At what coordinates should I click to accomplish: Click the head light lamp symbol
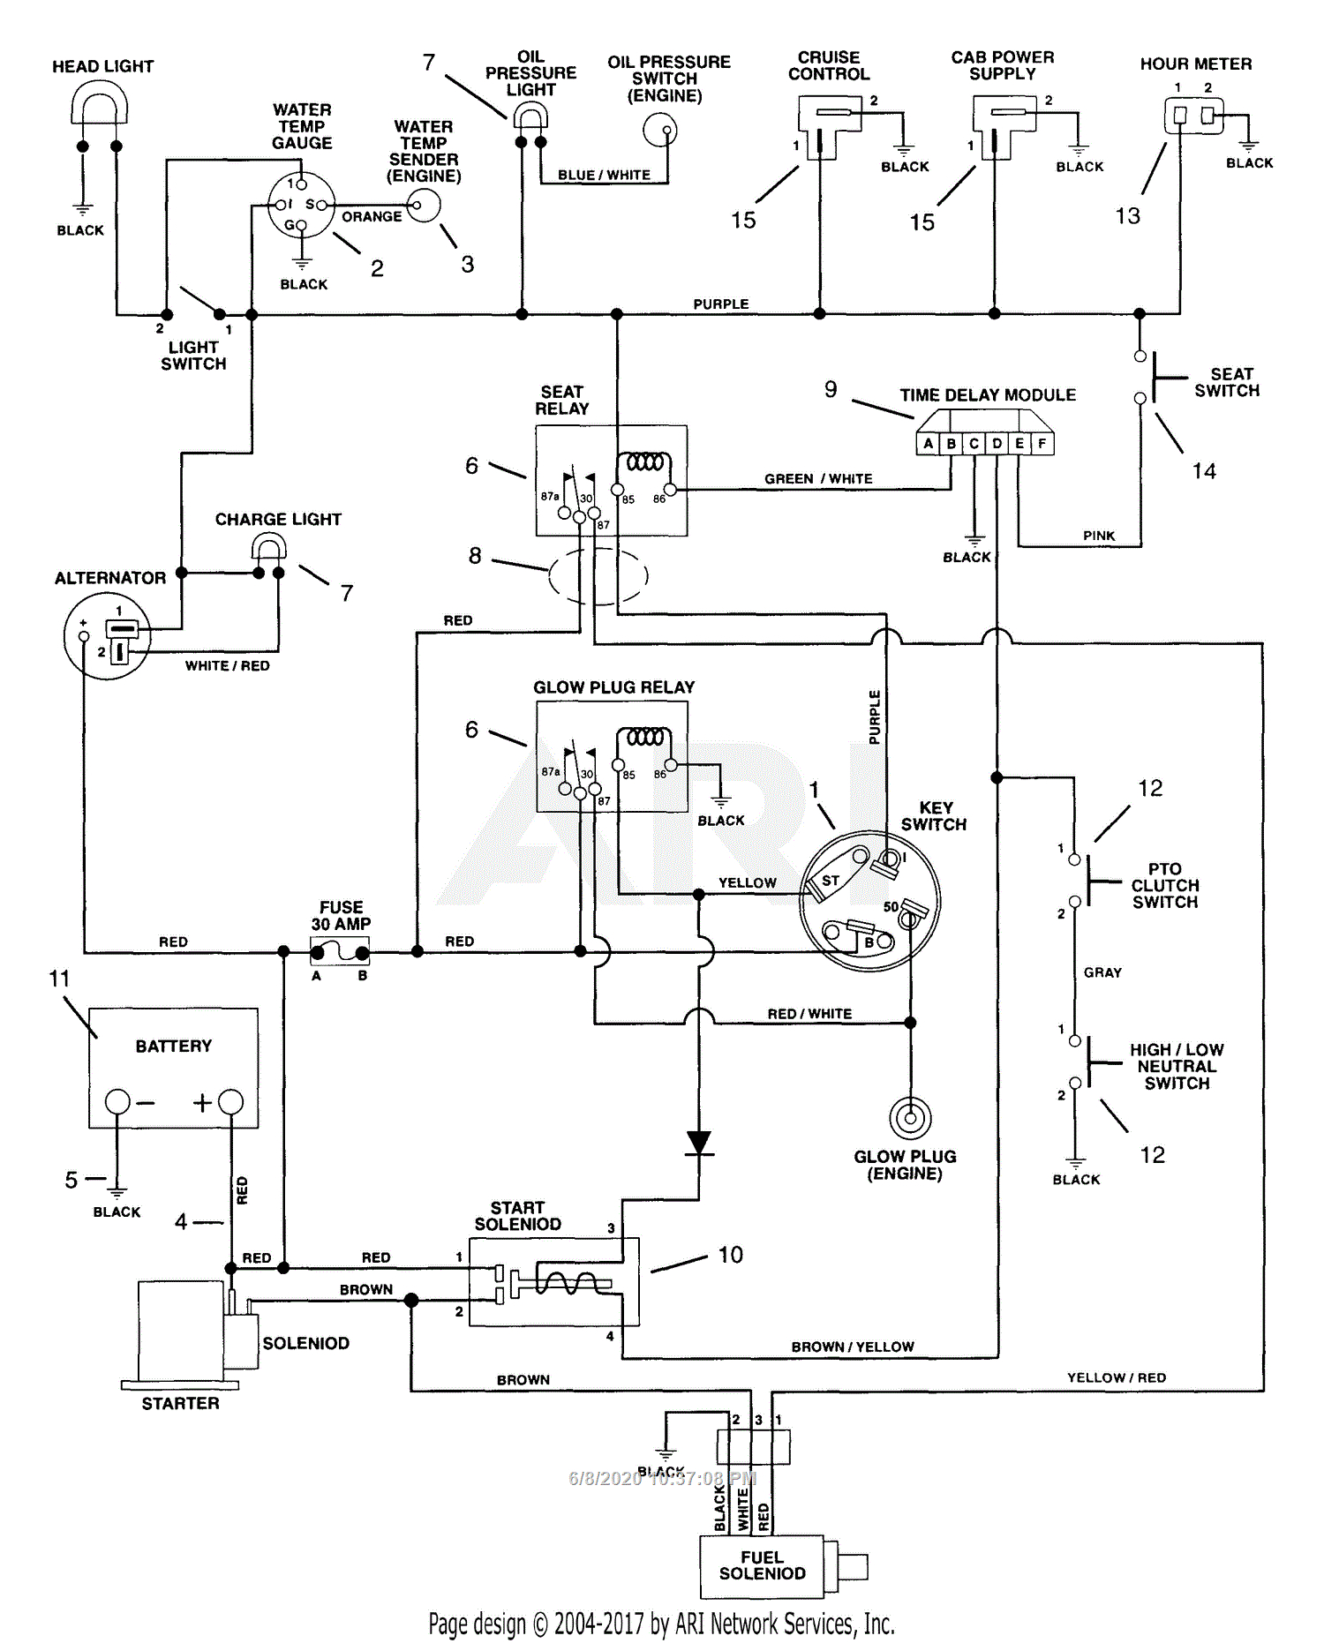pyautogui.click(x=99, y=103)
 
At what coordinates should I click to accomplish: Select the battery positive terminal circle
pyautogui.click(x=230, y=1101)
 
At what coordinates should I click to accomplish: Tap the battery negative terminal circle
pyautogui.click(x=117, y=1101)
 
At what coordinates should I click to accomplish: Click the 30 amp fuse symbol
pyautogui.click(x=340, y=951)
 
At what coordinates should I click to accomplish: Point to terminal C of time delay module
pyautogui.click(x=974, y=444)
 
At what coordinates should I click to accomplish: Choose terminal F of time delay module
pyautogui.click(x=1042, y=444)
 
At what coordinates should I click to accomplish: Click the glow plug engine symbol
pyautogui.click(x=910, y=1118)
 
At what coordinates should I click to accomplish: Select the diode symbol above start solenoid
pyautogui.click(x=699, y=1144)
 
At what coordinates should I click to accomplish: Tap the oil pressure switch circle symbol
pyautogui.click(x=659, y=131)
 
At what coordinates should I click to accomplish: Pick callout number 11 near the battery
pyautogui.click(x=59, y=979)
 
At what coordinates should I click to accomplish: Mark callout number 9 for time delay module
pyautogui.click(x=831, y=389)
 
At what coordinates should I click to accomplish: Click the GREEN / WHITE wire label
pyautogui.click(x=818, y=479)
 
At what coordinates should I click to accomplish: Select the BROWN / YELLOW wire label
pyautogui.click(x=852, y=1347)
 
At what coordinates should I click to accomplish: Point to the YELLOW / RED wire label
pyautogui.click(x=1116, y=1377)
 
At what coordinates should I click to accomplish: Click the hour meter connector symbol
pyautogui.click(x=1194, y=116)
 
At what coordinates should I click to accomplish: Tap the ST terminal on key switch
pyautogui.click(x=830, y=881)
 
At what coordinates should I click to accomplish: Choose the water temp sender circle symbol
pyautogui.click(x=424, y=206)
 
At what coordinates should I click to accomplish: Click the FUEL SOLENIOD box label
pyautogui.click(x=762, y=1565)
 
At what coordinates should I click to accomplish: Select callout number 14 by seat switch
pyautogui.click(x=1204, y=471)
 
